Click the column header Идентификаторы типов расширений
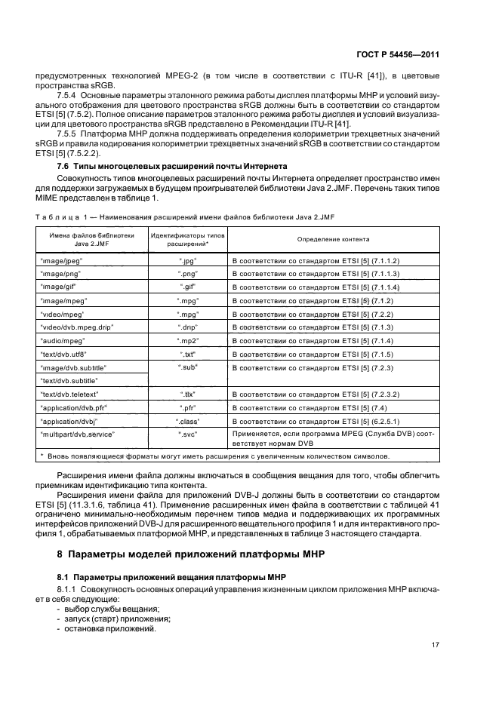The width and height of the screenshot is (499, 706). point(188,239)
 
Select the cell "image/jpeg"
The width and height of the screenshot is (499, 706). point(61,260)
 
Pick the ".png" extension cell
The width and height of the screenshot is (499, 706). point(188,275)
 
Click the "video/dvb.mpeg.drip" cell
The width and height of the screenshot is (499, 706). point(75,327)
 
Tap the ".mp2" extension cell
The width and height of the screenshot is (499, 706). point(188,341)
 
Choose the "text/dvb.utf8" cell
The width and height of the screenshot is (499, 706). point(64,354)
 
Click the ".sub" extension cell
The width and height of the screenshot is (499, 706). point(188,367)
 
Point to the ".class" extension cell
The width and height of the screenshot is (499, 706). point(188,421)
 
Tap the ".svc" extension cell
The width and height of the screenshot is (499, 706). point(188,434)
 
